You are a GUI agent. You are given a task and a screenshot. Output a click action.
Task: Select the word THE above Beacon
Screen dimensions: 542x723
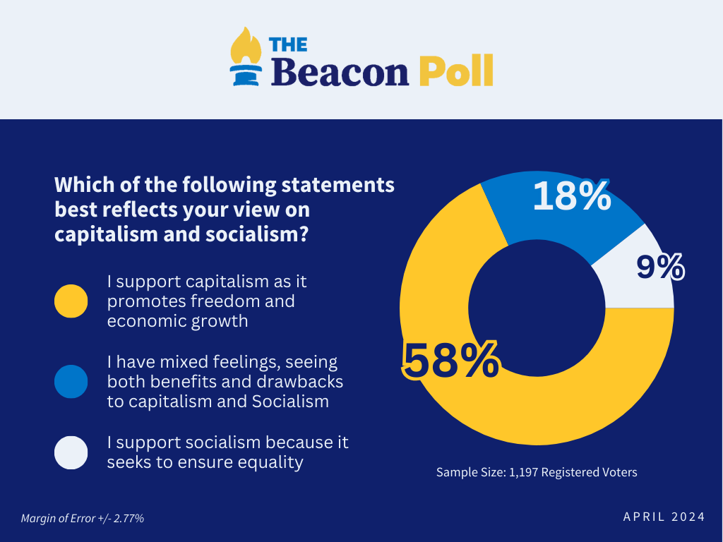pyautogui.click(x=288, y=44)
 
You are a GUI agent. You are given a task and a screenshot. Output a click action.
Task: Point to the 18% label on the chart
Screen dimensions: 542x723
pyautogui.click(x=571, y=196)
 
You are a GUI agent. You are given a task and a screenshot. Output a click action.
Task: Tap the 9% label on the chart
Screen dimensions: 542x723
pyautogui.click(x=660, y=267)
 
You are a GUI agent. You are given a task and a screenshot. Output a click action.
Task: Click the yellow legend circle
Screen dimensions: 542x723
pyautogui.click(x=71, y=301)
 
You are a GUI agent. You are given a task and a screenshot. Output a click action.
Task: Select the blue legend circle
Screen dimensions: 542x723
pyautogui.click(x=71, y=382)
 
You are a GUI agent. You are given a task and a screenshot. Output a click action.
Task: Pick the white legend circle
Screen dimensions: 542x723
pyautogui.click(x=71, y=452)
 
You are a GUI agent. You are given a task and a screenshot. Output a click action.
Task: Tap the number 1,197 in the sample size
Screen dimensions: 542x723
pyautogui.click(x=522, y=472)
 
